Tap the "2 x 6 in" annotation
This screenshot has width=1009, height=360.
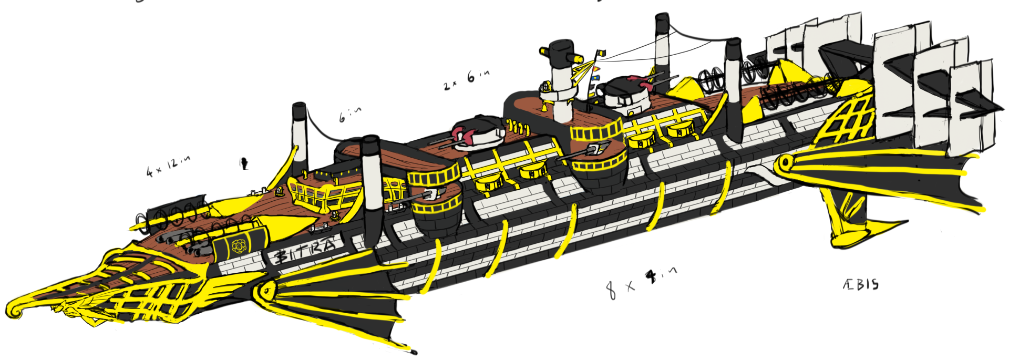[466, 79]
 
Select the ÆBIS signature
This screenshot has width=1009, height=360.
[860, 285]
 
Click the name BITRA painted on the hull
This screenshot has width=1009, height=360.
[305, 252]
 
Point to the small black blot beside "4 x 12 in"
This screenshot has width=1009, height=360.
[243, 164]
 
